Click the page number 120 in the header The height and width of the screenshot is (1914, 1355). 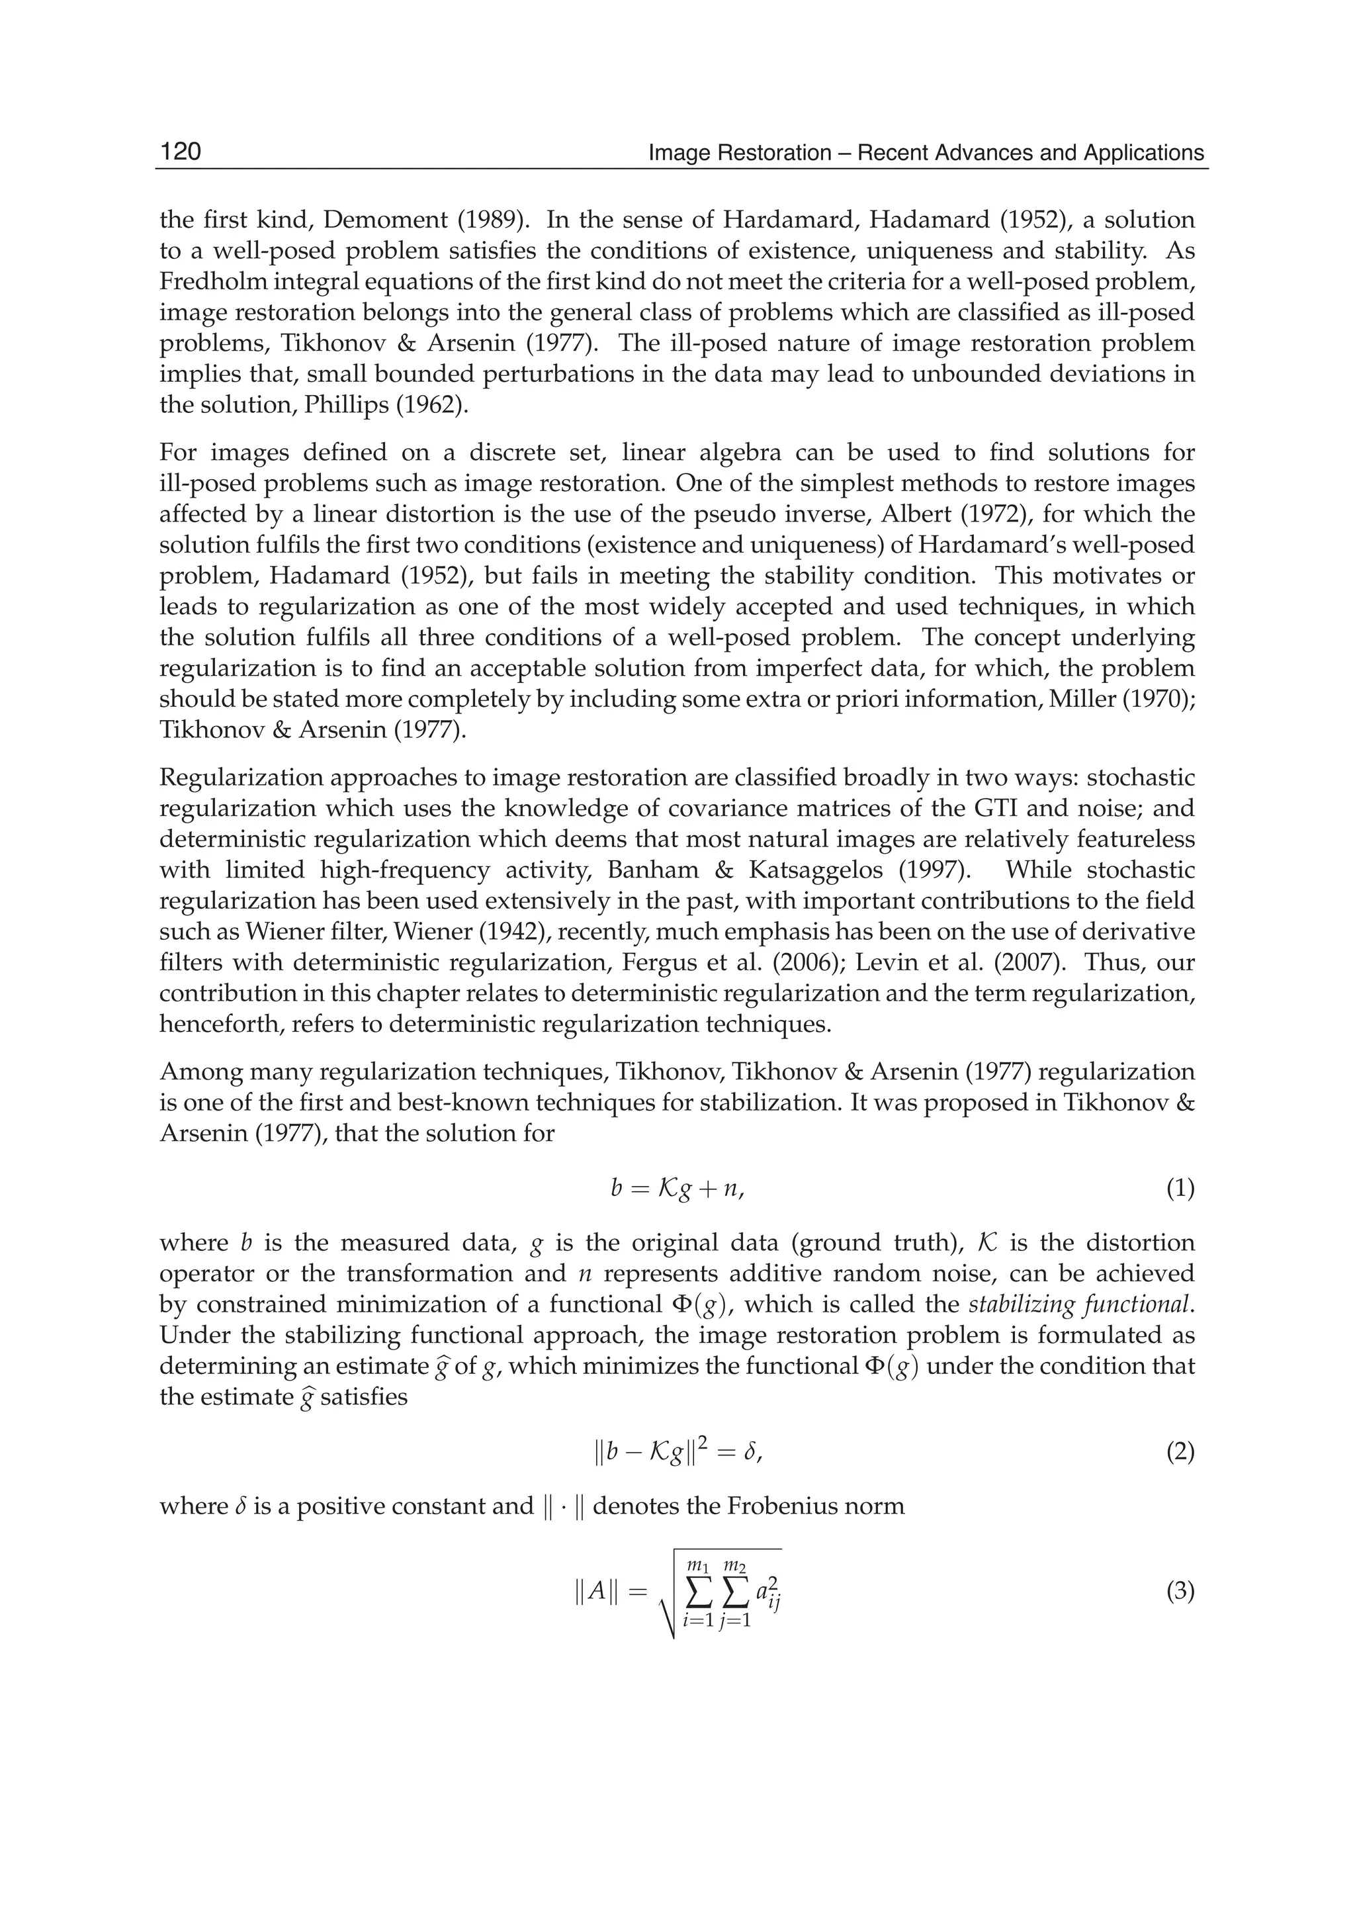click(x=180, y=152)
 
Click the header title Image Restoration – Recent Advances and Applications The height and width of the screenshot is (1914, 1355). click(x=926, y=153)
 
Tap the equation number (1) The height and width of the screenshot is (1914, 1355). click(x=1179, y=1189)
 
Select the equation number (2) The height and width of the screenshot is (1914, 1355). click(x=1179, y=1453)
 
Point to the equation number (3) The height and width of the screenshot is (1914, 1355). click(x=1179, y=1592)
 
